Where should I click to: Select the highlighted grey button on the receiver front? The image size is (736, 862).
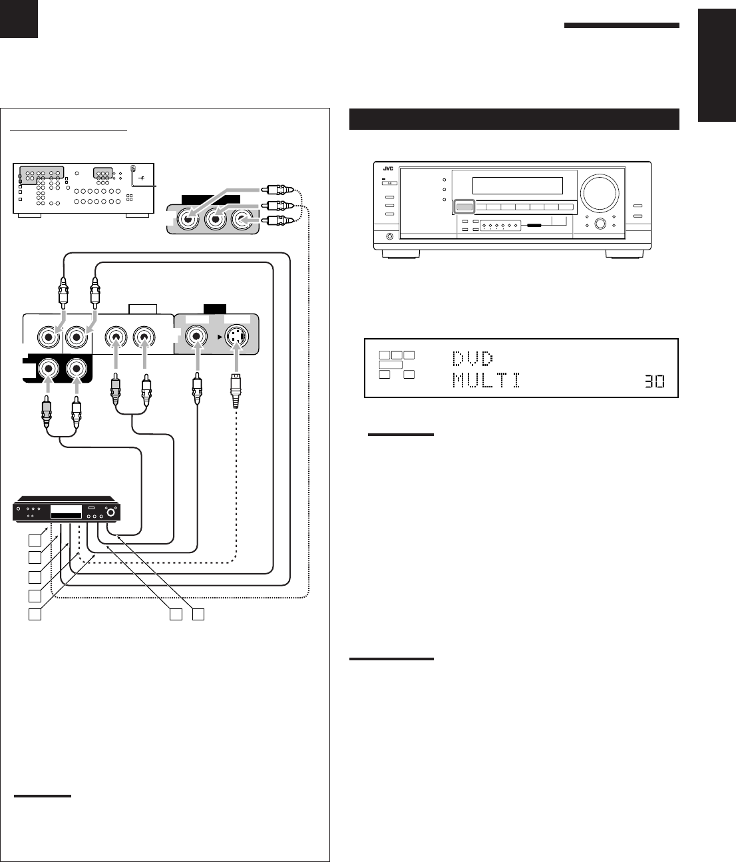tap(464, 207)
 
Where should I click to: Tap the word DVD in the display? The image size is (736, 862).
tap(472, 359)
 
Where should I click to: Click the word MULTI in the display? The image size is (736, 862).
tap(486, 381)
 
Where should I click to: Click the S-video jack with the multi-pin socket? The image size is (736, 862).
tap(236, 337)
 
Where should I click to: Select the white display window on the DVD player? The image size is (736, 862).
tap(67, 513)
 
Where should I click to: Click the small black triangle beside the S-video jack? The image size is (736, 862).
tap(218, 337)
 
